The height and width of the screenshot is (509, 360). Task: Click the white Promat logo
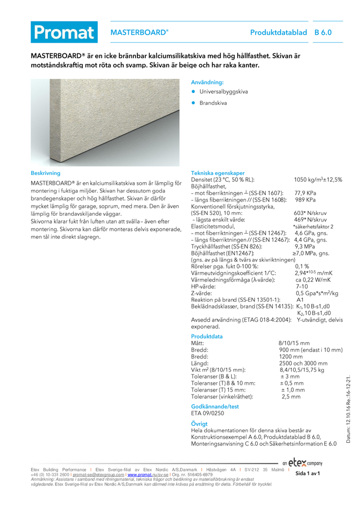click(x=64, y=32)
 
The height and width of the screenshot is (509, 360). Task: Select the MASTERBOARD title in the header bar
click(x=139, y=32)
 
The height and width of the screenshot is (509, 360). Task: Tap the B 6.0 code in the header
click(x=323, y=32)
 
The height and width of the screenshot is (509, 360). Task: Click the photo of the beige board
click(x=105, y=122)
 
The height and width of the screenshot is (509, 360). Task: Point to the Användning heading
click(x=207, y=82)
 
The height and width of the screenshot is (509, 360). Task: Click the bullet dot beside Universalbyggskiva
click(x=193, y=92)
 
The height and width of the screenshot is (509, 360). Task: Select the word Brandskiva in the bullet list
click(x=213, y=103)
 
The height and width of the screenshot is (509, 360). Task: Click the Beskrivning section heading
click(x=46, y=173)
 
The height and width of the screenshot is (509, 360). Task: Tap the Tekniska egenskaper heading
click(x=217, y=173)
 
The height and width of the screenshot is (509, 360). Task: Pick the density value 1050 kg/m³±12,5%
click(x=318, y=180)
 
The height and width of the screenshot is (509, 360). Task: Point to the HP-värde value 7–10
click(x=302, y=287)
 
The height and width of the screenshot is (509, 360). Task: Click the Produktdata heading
click(x=207, y=336)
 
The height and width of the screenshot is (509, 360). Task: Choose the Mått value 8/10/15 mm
click(x=295, y=344)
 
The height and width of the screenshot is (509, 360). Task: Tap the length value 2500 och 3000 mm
click(x=303, y=363)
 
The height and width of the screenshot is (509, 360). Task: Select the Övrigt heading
click(x=199, y=423)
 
